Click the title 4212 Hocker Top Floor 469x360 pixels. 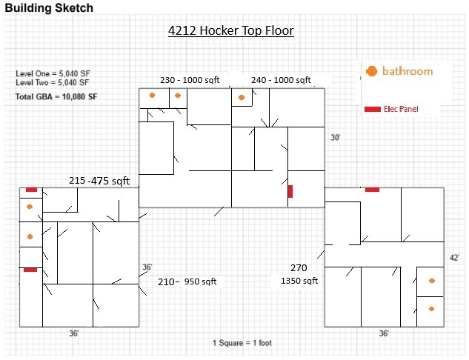[x=231, y=30]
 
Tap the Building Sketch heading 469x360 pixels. [x=49, y=7]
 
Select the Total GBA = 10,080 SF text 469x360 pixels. [x=56, y=96]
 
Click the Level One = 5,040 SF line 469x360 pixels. [x=53, y=73]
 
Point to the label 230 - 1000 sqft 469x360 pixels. [x=190, y=80]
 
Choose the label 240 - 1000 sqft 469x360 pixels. [x=281, y=80]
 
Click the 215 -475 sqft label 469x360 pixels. [x=99, y=181]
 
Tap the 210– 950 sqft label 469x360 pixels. [x=187, y=281]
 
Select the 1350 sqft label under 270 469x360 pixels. [x=299, y=281]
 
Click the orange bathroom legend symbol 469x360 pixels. [x=371, y=71]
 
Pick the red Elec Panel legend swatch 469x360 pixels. [x=373, y=109]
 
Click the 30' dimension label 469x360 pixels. [x=336, y=138]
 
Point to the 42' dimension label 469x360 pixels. [x=454, y=258]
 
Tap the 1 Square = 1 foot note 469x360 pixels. [x=242, y=343]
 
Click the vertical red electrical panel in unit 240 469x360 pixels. [x=290, y=191]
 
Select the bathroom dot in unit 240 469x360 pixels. [x=242, y=98]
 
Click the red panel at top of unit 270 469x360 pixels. [x=373, y=190]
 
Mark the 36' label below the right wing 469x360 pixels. [x=384, y=333]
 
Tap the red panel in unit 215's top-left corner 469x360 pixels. [x=31, y=190]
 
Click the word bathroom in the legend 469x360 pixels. [x=408, y=71]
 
